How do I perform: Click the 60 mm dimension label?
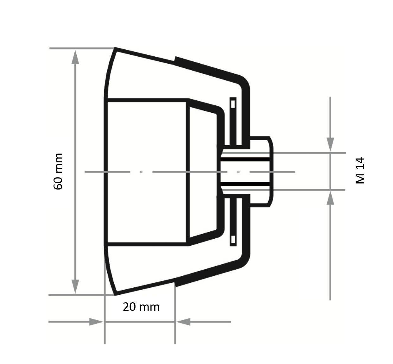pyautogui.click(x=58, y=171)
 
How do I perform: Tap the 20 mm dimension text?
pyautogui.click(x=141, y=307)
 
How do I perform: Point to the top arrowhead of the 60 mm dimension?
pyautogui.click(x=75, y=57)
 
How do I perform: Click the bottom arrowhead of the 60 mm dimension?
pyautogui.click(x=75, y=286)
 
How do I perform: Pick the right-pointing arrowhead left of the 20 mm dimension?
pyautogui.click(x=96, y=322)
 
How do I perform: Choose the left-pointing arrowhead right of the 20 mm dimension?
pyautogui.click(x=183, y=322)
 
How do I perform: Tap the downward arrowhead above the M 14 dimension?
pyautogui.click(x=330, y=145)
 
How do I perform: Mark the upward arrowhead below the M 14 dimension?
pyautogui.click(x=330, y=198)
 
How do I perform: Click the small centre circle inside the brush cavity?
pyautogui.click(x=141, y=172)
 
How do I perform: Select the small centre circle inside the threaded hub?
pyautogui.click(x=238, y=172)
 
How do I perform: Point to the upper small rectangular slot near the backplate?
pyautogui.click(x=233, y=103)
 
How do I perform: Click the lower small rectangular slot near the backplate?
pyautogui.click(x=233, y=240)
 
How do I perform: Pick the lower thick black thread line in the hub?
pyautogui.click(x=245, y=184)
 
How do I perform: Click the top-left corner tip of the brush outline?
pyautogui.click(x=115, y=48)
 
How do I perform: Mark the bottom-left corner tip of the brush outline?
pyautogui.click(x=115, y=294)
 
